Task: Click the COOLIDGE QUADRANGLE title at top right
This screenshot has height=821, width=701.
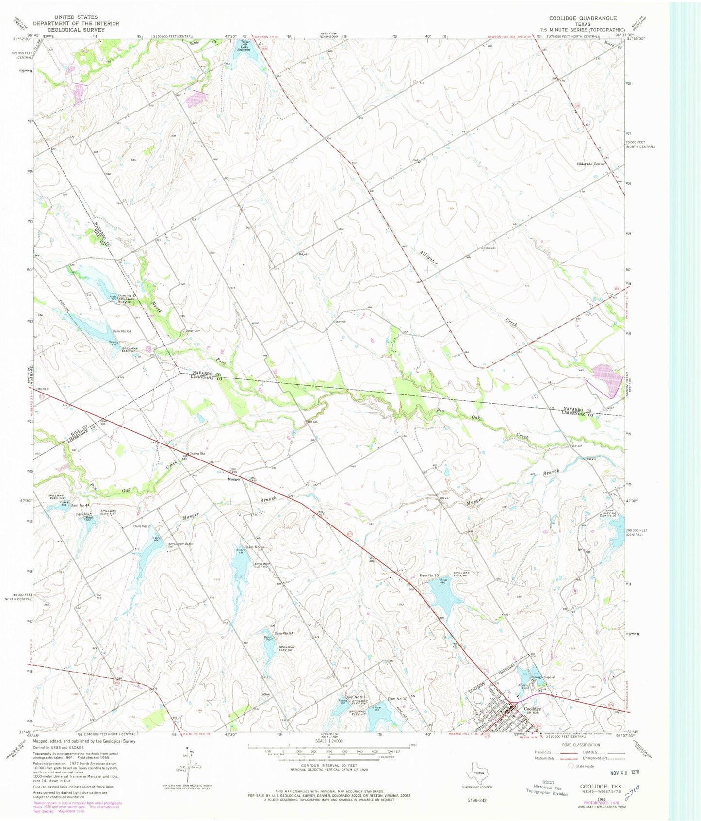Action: click(x=583, y=18)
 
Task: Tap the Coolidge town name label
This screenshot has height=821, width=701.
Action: click(x=533, y=709)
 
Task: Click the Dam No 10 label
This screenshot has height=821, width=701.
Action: click(x=429, y=575)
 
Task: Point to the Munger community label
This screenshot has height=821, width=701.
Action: click(x=234, y=479)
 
